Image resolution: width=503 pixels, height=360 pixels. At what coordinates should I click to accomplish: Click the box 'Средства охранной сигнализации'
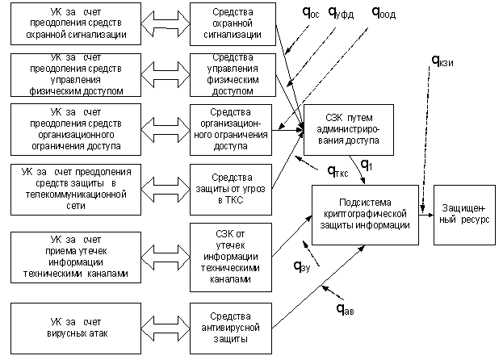click(230, 24)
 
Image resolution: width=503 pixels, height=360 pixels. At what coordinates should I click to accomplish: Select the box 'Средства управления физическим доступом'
click(230, 74)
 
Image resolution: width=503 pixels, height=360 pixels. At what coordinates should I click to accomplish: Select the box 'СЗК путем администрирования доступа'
click(349, 129)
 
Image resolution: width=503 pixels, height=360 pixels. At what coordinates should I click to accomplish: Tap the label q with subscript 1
click(366, 166)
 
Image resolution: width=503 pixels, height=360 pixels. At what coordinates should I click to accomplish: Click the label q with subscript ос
click(311, 13)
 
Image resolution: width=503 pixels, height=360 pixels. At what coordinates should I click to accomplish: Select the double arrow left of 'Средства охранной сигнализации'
click(166, 24)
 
